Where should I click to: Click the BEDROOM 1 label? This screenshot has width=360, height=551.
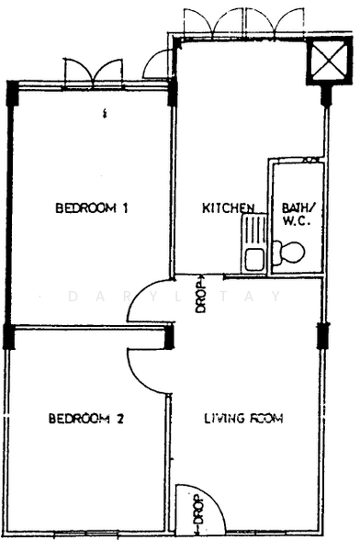[x=92, y=208]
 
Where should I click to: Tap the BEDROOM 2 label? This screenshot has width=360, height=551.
[x=86, y=419]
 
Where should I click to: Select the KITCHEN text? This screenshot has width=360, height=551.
[x=229, y=208]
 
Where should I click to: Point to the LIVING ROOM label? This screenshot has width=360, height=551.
[x=244, y=418]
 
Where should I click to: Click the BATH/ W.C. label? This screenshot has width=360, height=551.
[x=297, y=214]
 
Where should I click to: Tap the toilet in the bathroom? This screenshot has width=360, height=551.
[x=288, y=253]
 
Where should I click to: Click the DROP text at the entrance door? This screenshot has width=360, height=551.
[x=198, y=513]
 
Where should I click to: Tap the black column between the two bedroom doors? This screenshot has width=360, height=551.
[x=170, y=336]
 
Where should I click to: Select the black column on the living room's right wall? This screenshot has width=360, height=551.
[x=322, y=335]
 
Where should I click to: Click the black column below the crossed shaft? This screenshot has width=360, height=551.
[x=326, y=95]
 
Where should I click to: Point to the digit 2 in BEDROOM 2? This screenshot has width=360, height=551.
[x=120, y=419]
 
